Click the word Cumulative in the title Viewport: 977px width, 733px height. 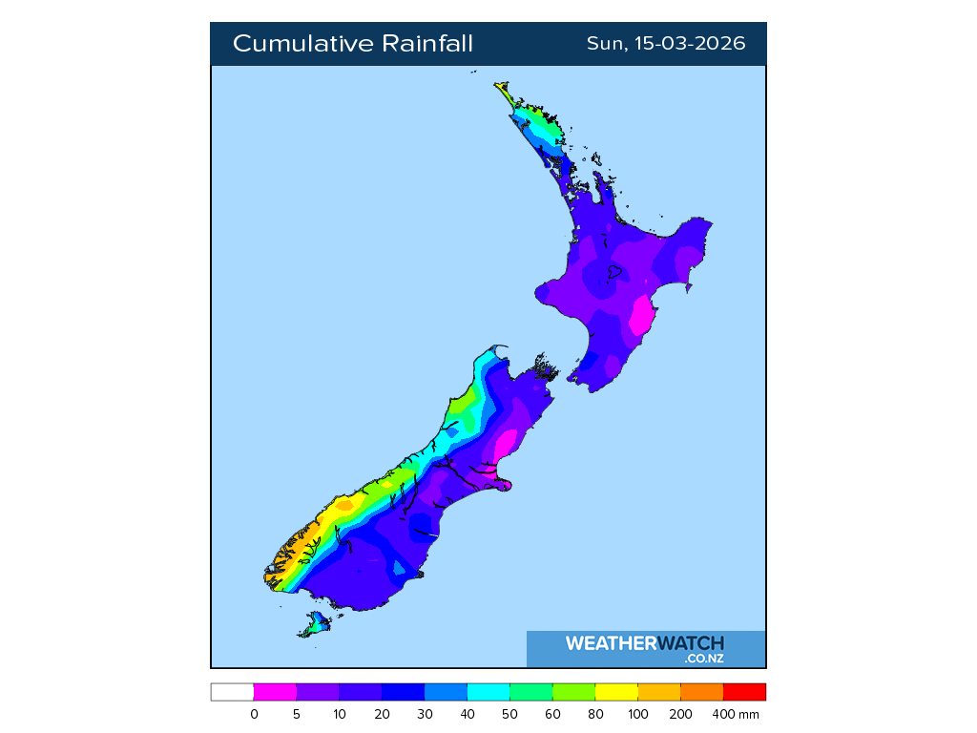coord(302,44)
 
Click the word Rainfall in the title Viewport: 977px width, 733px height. coord(427,44)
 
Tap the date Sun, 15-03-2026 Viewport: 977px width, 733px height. coord(666,44)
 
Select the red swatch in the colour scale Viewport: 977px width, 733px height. coord(744,692)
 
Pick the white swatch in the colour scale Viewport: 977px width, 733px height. coord(232,692)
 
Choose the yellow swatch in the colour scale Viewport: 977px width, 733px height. coord(615,692)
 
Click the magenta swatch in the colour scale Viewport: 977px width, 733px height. coord(275,692)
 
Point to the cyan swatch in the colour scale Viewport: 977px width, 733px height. coord(488,692)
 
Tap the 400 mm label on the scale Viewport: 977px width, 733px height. coord(738,714)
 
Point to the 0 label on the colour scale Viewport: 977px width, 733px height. coord(254,714)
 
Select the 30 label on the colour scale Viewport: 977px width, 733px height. coord(425,714)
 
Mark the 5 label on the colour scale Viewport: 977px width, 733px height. coord(297,714)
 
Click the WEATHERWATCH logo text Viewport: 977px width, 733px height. coord(644,643)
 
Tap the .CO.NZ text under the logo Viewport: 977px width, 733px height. coord(703,658)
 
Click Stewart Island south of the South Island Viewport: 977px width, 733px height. coord(314,626)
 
